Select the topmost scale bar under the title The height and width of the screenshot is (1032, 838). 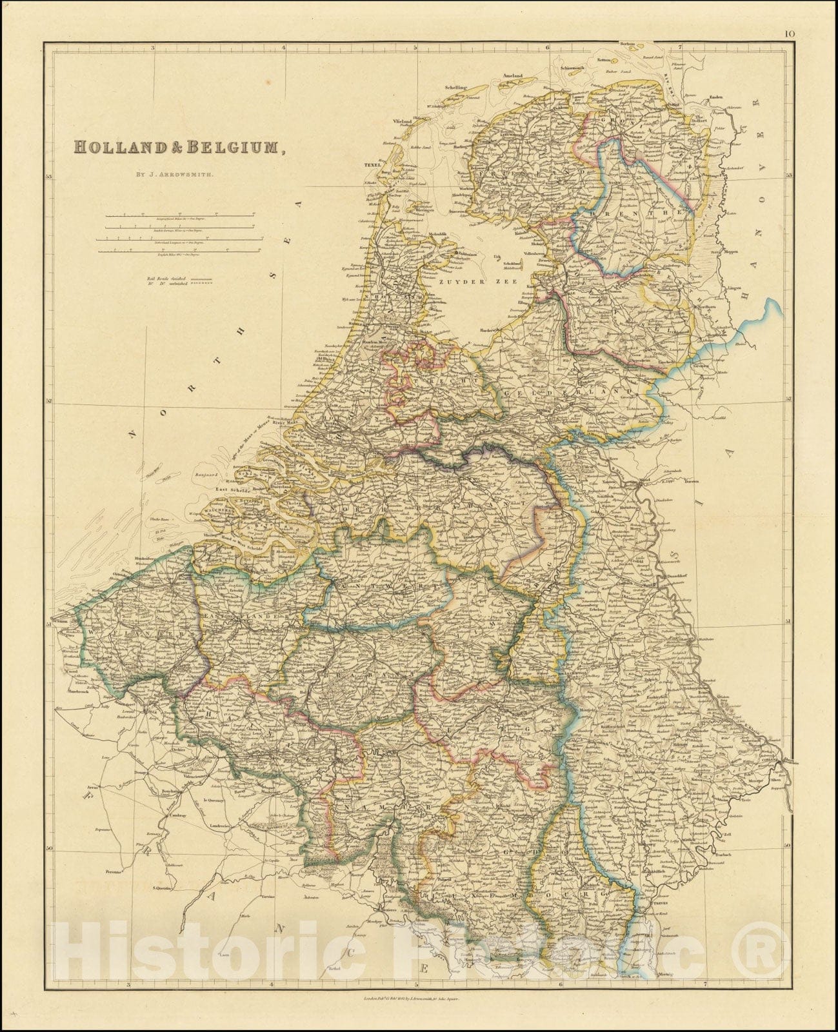pyautogui.click(x=181, y=216)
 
